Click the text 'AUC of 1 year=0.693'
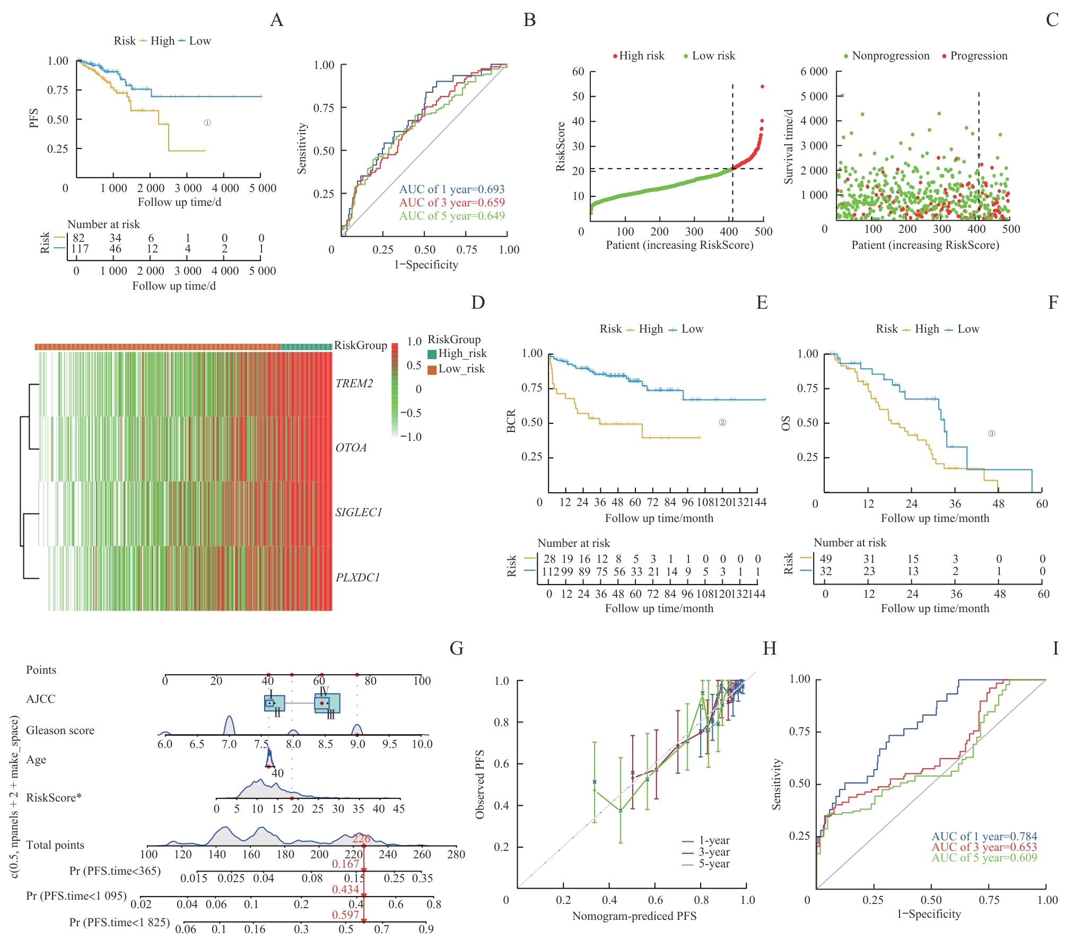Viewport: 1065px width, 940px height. (451, 189)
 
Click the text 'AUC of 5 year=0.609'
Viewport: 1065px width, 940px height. (984, 858)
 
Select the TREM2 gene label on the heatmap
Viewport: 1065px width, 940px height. (354, 384)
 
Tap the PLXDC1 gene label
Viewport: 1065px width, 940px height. (358, 578)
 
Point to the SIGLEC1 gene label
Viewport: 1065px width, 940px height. (359, 512)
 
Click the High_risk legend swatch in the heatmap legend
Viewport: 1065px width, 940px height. (432, 354)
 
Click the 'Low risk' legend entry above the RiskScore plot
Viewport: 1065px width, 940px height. (713, 56)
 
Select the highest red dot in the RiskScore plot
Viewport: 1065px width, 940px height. (762, 86)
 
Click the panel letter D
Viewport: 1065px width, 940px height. (478, 302)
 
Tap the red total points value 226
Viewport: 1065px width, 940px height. (361, 839)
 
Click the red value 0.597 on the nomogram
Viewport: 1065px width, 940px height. (346, 915)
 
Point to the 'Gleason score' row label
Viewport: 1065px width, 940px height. (60, 730)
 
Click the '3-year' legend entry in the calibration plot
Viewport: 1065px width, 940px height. (713, 852)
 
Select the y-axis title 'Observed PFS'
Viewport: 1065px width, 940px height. (480, 784)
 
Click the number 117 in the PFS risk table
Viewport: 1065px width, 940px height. (80, 249)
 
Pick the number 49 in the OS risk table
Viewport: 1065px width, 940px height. (825, 559)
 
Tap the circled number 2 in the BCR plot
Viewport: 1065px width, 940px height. (722, 423)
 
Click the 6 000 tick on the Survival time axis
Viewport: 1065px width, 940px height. (814, 72)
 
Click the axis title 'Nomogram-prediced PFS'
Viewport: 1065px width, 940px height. (634, 916)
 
